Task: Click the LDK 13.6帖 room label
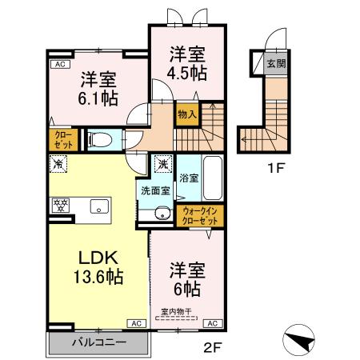click(x=98, y=267)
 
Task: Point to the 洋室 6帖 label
click(x=186, y=277)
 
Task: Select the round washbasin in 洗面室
click(x=162, y=213)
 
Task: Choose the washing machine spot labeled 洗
click(x=162, y=163)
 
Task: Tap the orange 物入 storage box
click(x=186, y=114)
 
